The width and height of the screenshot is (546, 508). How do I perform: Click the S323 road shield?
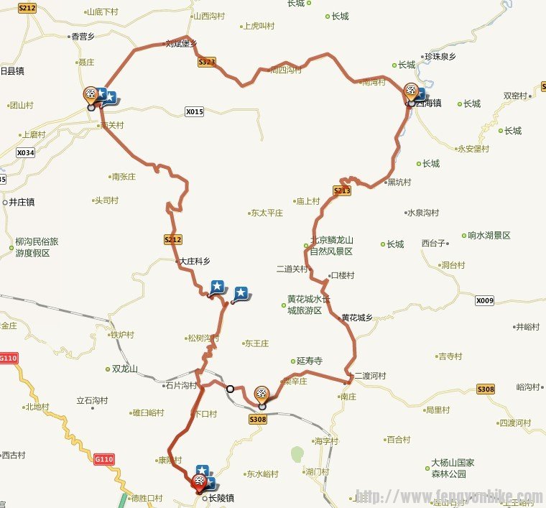pyautogui.click(x=206, y=63)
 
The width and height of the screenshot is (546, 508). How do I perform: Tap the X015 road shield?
pyautogui.click(x=195, y=111)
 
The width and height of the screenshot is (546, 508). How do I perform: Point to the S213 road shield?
pyautogui.click(x=342, y=190)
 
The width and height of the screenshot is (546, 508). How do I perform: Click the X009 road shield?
pyautogui.click(x=485, y=300)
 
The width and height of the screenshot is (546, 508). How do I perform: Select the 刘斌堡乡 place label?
pyautogui.click(x=182, y=43)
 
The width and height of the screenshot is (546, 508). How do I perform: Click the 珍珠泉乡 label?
pyautogui.click(x=445, y=55)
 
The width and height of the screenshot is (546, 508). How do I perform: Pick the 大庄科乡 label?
pyautogui.click(x=195, y=262)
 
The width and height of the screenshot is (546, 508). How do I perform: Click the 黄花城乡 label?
pyautogui.click(x=357, y=318)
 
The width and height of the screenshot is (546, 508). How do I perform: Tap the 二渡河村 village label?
pyautogui.click(x=370, y=376)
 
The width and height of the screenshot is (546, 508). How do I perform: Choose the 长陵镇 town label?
pyautogui.click(x=223, y=497)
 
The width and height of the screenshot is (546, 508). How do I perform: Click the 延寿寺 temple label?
pyautogui.click(x=310, y=361)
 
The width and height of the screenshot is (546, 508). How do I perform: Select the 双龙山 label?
pyautogui.click(x=124, y=369)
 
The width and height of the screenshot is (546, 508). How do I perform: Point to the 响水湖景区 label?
pyautogui.click(x=489, y=235)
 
